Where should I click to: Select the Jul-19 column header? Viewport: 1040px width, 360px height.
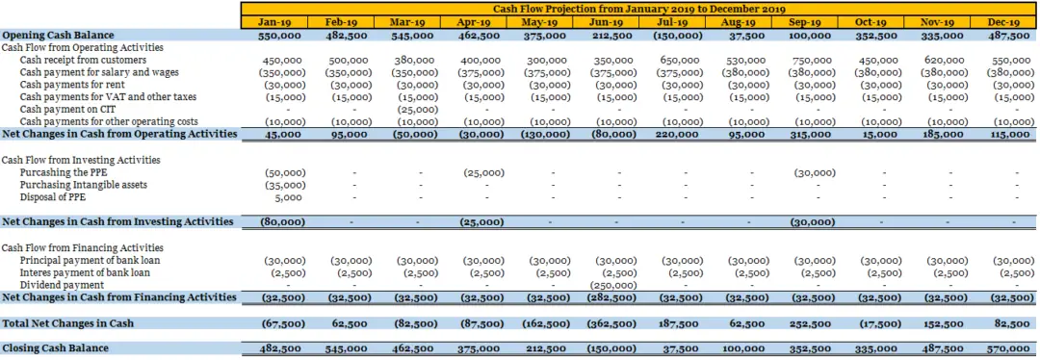point(670,21)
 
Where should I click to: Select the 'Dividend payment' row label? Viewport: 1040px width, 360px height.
point(62,285)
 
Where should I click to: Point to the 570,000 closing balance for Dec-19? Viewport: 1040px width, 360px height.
point(1007,347)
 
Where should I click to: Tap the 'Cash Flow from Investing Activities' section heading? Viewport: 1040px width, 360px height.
point(81,160)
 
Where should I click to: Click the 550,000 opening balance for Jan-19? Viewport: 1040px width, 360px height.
point(283,35)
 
